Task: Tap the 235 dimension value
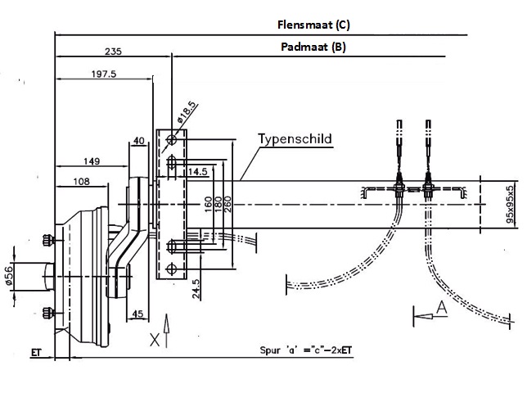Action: tap(114, 52)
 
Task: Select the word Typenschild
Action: tap(295, 138)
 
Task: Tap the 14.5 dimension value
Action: tap(197, 173)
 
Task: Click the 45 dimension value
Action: tap(138, 314)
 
